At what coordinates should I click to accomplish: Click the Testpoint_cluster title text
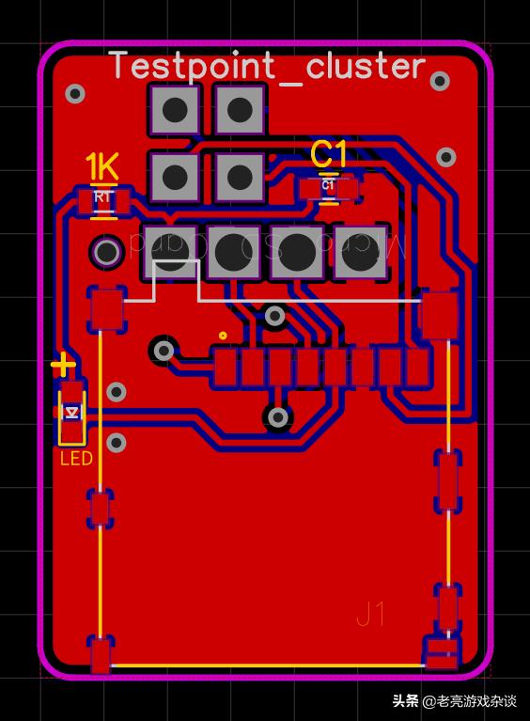click(268, 67)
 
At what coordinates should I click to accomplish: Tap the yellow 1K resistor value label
click(101, 168)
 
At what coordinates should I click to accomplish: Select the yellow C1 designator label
click(329, 153)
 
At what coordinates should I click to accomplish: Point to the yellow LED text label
click(76, 459)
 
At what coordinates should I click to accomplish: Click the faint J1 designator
click(371, 615)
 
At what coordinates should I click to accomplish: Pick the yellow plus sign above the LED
click(63, 365)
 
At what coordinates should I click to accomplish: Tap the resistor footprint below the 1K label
click(103, 198)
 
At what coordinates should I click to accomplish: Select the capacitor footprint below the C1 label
click(328, 188)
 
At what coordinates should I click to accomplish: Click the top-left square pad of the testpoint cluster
click(174, 110)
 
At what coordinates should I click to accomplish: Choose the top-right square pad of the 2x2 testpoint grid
click(240, 110)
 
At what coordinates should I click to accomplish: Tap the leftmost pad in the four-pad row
click(169, 252)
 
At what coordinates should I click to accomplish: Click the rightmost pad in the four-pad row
click(361, 252)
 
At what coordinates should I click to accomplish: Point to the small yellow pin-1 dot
click(223, 335)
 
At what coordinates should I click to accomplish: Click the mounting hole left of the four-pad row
click(106, 252)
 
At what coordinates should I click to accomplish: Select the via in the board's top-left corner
click(75, 93)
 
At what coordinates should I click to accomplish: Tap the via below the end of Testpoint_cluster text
click(439, 82)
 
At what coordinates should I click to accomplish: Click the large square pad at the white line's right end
click(439, 315)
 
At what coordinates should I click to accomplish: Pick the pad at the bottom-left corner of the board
click(101, 655)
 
